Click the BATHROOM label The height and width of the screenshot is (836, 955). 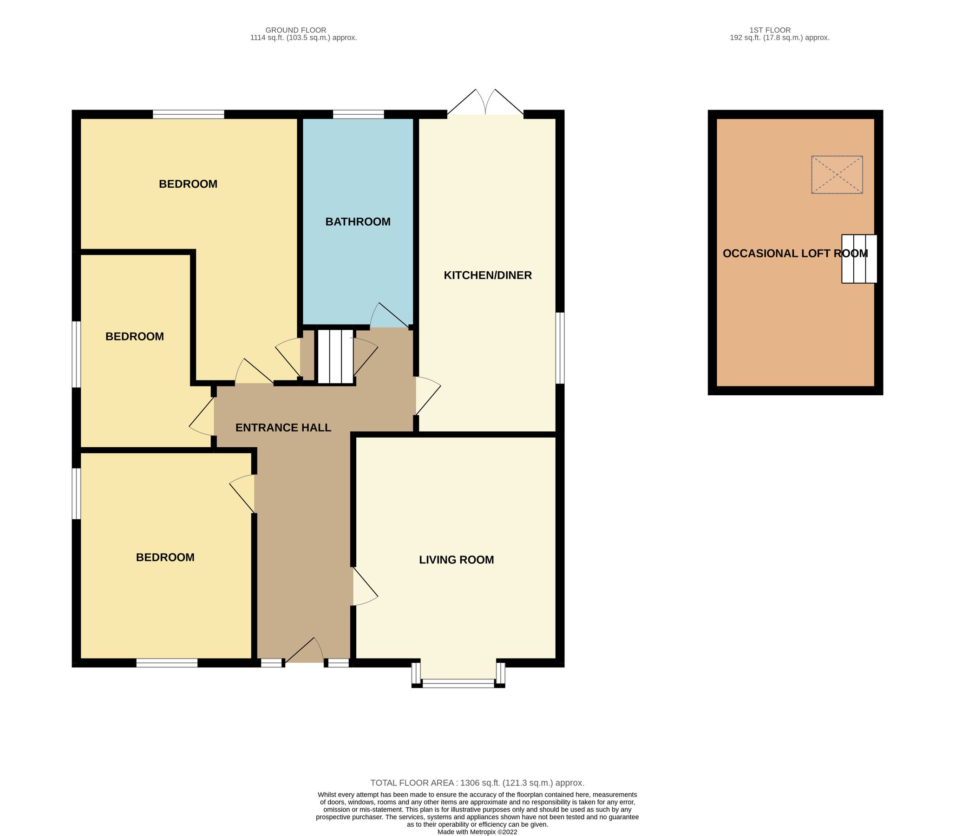tap(358, 222)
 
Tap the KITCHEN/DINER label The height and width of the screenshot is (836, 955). tap(488, 275)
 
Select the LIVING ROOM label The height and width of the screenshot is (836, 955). tap(456, 560)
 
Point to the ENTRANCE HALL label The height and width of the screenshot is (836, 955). tap(283, 428)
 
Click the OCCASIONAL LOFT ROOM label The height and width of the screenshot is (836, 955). tap(795, 253)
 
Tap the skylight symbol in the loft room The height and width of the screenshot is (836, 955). tap(837, 175)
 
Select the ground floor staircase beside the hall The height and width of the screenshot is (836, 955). tap(335, 356)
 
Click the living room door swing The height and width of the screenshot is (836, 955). tap(364, 587)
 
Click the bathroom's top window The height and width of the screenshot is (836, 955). tap(358, 114)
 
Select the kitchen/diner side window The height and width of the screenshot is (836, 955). tap(561, 348)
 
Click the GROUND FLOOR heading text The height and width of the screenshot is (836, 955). tap(296, 30)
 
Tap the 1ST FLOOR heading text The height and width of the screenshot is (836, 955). tap(770, 30)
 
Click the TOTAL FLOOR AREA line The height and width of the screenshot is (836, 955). tap(477, 783)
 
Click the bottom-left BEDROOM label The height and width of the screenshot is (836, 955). tap(165, 557)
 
